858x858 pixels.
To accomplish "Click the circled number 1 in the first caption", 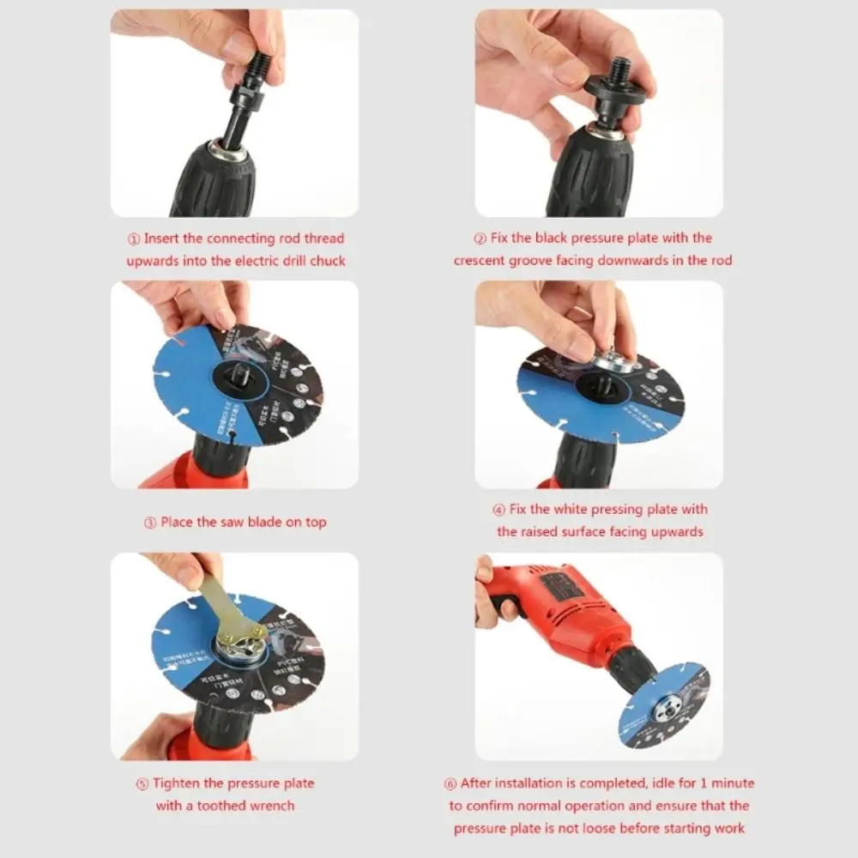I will (136, 239).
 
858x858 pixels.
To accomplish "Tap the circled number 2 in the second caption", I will (480, 239).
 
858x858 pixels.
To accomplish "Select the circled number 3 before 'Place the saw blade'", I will (150, 523).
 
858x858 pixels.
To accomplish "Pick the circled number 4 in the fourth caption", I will (499, 510).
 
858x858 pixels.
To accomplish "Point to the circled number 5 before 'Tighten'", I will (142, 784).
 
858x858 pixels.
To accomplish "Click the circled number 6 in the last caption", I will (450, 783).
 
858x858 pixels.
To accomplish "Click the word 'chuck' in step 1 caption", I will (326, 260).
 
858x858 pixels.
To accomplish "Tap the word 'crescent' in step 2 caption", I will (482, 260).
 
